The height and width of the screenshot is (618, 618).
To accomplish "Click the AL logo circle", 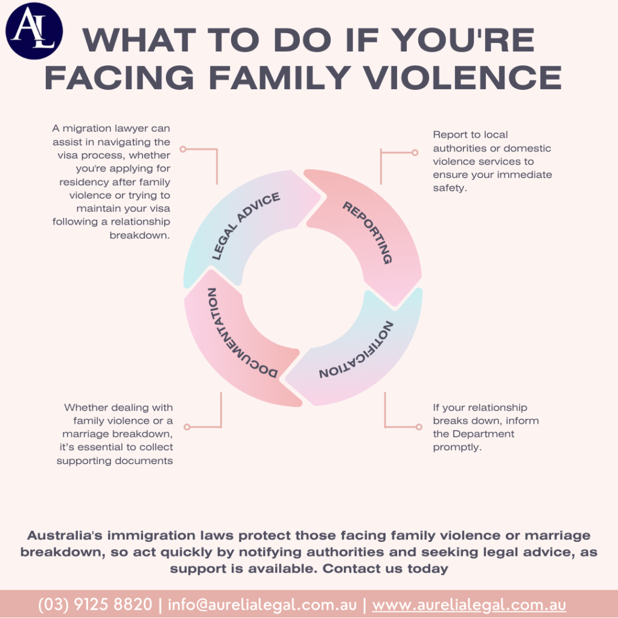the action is coord(34,31).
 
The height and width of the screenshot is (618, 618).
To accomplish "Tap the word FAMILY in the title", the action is coord(280,77).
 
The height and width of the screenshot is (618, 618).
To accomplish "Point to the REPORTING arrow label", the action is coord(368,232).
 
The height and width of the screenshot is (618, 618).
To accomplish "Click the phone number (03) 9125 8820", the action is coord(95,604).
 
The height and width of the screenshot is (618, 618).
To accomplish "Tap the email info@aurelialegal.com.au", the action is coord(262,604).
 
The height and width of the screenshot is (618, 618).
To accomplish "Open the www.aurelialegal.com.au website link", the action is coord(469,605).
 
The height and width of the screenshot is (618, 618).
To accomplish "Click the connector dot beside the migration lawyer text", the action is coord(183,149).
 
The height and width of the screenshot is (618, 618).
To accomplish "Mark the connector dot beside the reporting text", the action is coord(415,153).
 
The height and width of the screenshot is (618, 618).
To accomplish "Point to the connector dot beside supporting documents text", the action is coord(187,427).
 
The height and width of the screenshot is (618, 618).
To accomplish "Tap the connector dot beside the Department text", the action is coord(419,427).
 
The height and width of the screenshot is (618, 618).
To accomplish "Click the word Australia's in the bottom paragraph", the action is coord(65,535).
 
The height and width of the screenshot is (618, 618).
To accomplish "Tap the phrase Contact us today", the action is coord(385,569).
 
